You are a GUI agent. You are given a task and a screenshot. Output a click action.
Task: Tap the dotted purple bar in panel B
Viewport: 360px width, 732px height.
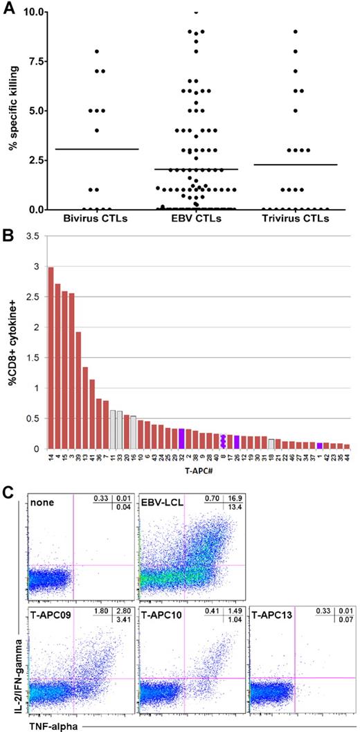click(x=222, y=440)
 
